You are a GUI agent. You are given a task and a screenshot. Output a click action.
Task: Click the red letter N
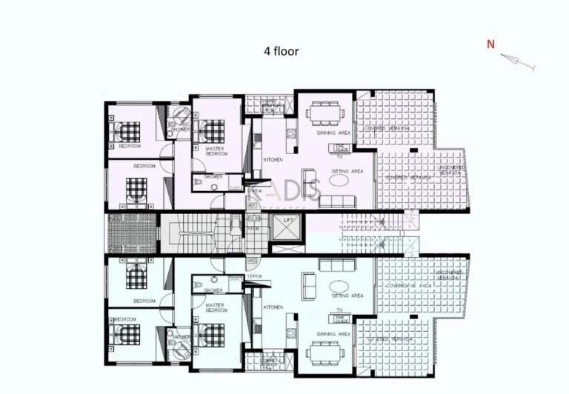(490, 44)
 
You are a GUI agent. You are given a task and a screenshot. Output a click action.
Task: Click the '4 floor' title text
(282, 52)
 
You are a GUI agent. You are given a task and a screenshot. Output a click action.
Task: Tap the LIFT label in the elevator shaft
(287, 221)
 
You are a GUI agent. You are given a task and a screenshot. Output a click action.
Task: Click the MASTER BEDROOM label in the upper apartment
(216, 151)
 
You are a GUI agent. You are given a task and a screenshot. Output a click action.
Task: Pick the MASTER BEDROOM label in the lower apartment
(215, 307)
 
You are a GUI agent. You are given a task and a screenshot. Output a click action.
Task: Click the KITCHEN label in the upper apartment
(273, 159)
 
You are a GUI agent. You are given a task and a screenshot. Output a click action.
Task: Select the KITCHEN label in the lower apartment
(273, 307)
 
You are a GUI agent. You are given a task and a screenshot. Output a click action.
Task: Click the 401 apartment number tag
(252, 205)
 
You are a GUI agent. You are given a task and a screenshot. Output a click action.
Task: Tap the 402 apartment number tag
(252, 260)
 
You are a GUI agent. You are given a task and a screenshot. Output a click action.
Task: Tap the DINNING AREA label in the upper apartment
(328, 133)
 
